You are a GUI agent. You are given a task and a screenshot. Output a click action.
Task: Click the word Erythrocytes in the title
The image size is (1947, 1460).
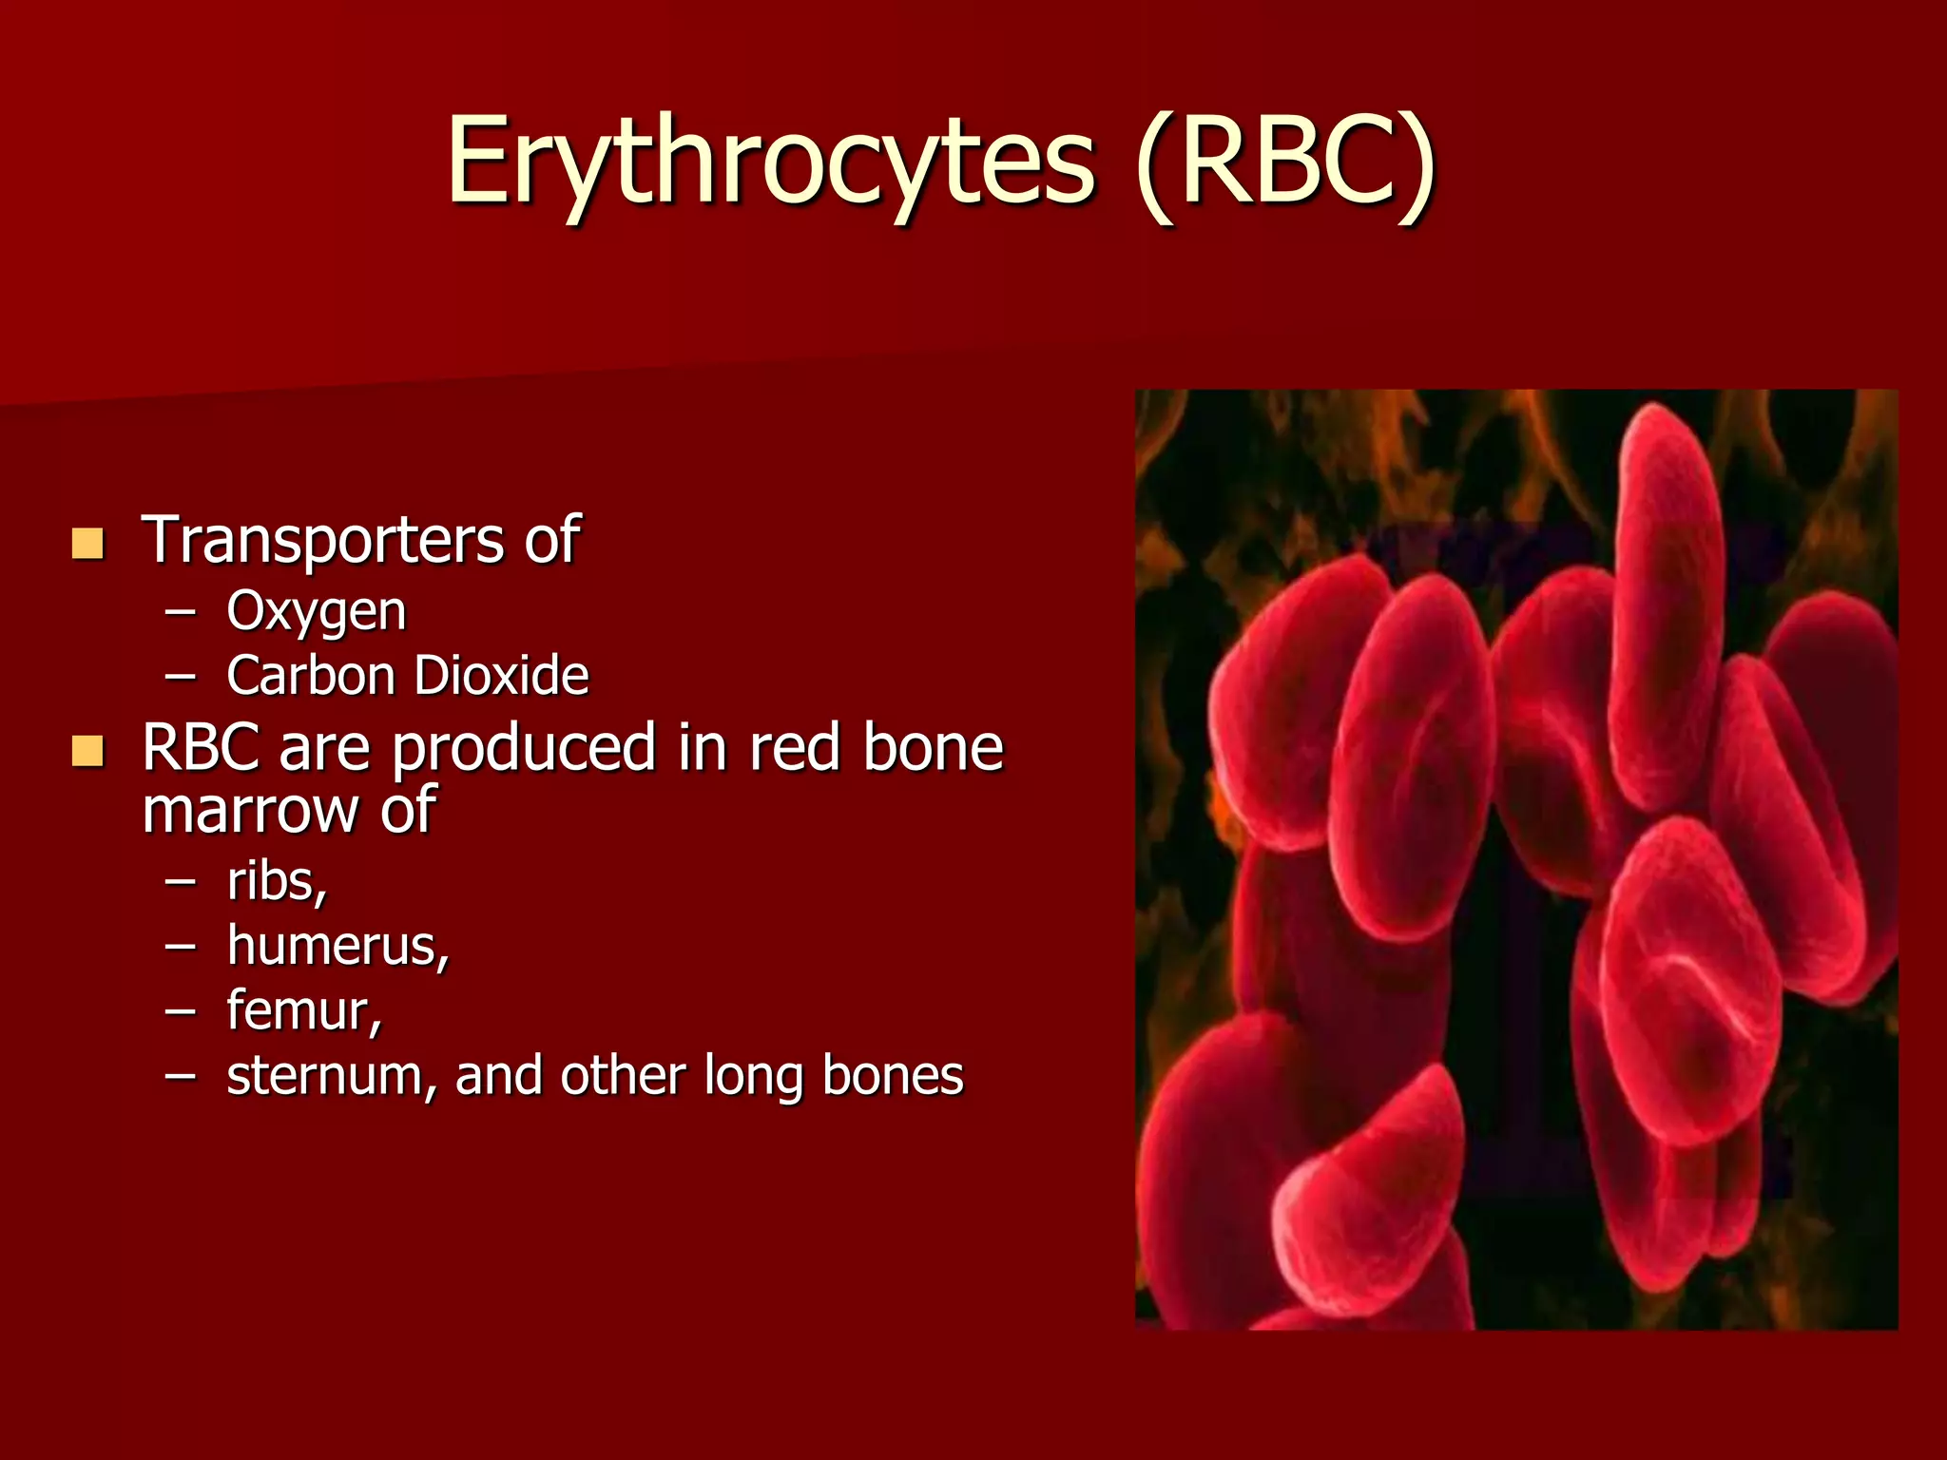pyautogui.click(x=770, y=162)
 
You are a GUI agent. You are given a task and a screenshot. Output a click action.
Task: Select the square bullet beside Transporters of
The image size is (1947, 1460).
pyautogui.click(x=87, y=544)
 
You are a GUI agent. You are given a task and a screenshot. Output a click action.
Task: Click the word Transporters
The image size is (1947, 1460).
pyautogui.click(x=323, y=540)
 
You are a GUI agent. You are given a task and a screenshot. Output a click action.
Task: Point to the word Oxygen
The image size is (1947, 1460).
pyautogui.click(x=316, y=611)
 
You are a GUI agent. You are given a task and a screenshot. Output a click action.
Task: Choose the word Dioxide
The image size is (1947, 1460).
pyautogui.click(x=501, y=676)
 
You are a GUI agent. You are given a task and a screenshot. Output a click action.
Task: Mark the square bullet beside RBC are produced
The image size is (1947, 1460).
pyautogui.click(x=87, y=751)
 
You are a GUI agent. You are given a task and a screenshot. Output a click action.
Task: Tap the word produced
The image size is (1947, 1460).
pyautogui.click(x=523, y=748)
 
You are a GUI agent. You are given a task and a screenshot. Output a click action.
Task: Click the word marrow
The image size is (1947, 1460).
pyautogui.click(x=250, y=811)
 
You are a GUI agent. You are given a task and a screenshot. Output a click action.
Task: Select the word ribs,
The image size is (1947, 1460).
pyautogui.click(x=277, y=881)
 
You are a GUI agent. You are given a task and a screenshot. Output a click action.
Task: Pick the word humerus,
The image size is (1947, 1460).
pyautogui.click(x=337, y=946)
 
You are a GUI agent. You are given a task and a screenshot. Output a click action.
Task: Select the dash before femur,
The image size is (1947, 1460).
pyautogui.click(x=180, y=1011)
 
